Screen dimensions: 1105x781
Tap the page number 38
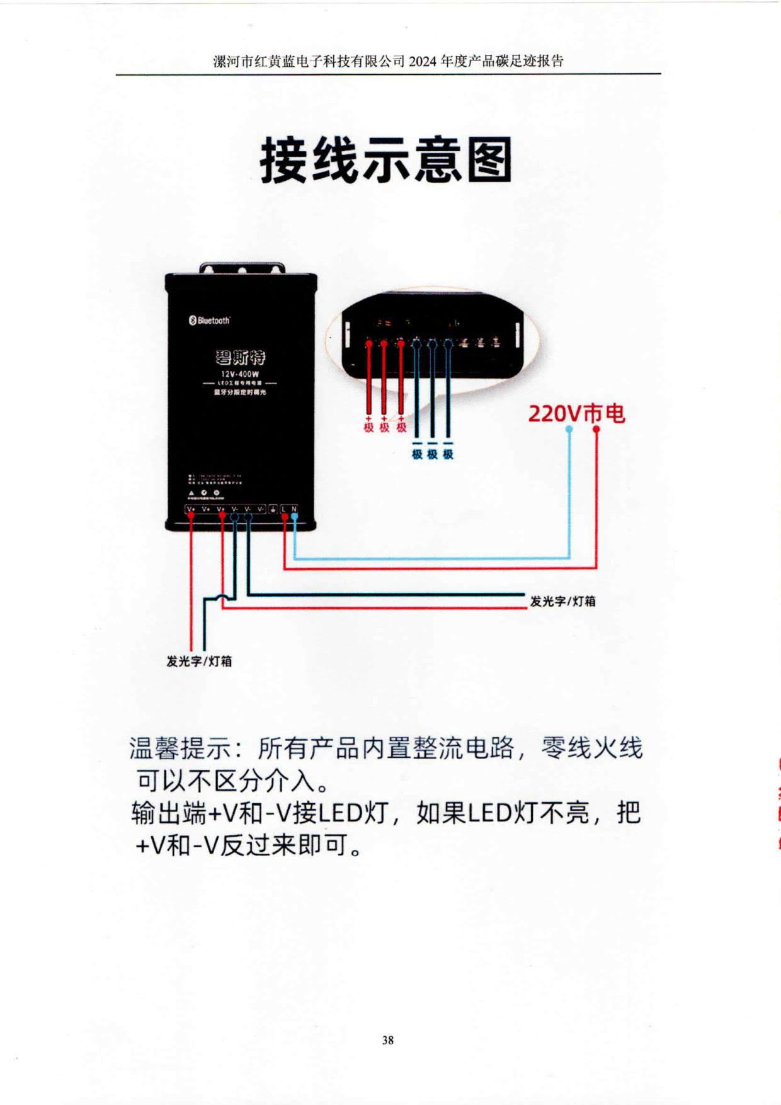(x=388, y=1039)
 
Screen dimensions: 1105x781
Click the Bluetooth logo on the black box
(x=210, y=320)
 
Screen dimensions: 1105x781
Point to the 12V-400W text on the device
(x=240, y=374)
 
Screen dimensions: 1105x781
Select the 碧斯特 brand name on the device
(x=240, y=357)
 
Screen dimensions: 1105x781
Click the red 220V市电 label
(x=576, y=414)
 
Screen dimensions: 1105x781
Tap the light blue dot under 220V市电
(x=569, y=429)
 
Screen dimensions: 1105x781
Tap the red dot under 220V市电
(x=596, y=429)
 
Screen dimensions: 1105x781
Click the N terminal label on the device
(x=294, y=509)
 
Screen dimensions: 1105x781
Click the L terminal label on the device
(x=284, y=509)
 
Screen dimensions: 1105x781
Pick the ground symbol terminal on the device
(x=273, y=509)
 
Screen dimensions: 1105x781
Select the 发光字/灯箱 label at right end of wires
(x=562, y=601)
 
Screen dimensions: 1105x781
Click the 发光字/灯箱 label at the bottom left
(x=199, y=661)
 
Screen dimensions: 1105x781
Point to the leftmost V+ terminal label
(x=191, y=509)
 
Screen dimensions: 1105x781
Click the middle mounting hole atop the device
(x=241, y=271)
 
